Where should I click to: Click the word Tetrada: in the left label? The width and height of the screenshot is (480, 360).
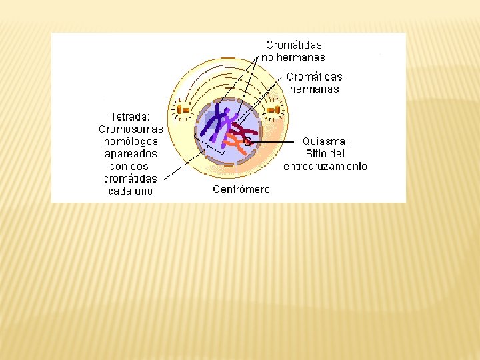click(130, 117)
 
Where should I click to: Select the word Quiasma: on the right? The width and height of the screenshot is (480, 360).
click(325, 141)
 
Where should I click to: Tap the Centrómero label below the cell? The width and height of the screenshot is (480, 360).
click(241, 190)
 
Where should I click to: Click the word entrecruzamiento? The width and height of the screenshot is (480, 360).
click(325, 167)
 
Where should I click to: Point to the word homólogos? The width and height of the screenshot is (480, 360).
click(131, 141)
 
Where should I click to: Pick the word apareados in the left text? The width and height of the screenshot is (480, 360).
click(131, 154)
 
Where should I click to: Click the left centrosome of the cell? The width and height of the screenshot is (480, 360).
click(181, 109)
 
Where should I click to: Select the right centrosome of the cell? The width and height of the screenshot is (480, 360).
click(273, 109)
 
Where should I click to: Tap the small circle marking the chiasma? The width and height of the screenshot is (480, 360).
click(247, 141)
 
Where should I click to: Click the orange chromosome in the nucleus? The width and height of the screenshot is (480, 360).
click(235, 141)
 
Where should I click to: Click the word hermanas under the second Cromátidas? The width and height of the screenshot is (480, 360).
click(314, 89)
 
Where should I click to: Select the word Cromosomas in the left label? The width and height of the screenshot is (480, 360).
click(131, 129)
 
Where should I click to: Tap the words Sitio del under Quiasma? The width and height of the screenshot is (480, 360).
click(325, 154)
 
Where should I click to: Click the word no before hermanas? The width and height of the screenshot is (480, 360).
click(267, 57)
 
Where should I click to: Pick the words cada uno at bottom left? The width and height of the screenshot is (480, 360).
click(131, 191)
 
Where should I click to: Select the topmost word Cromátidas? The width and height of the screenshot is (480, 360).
click(293, 45)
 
